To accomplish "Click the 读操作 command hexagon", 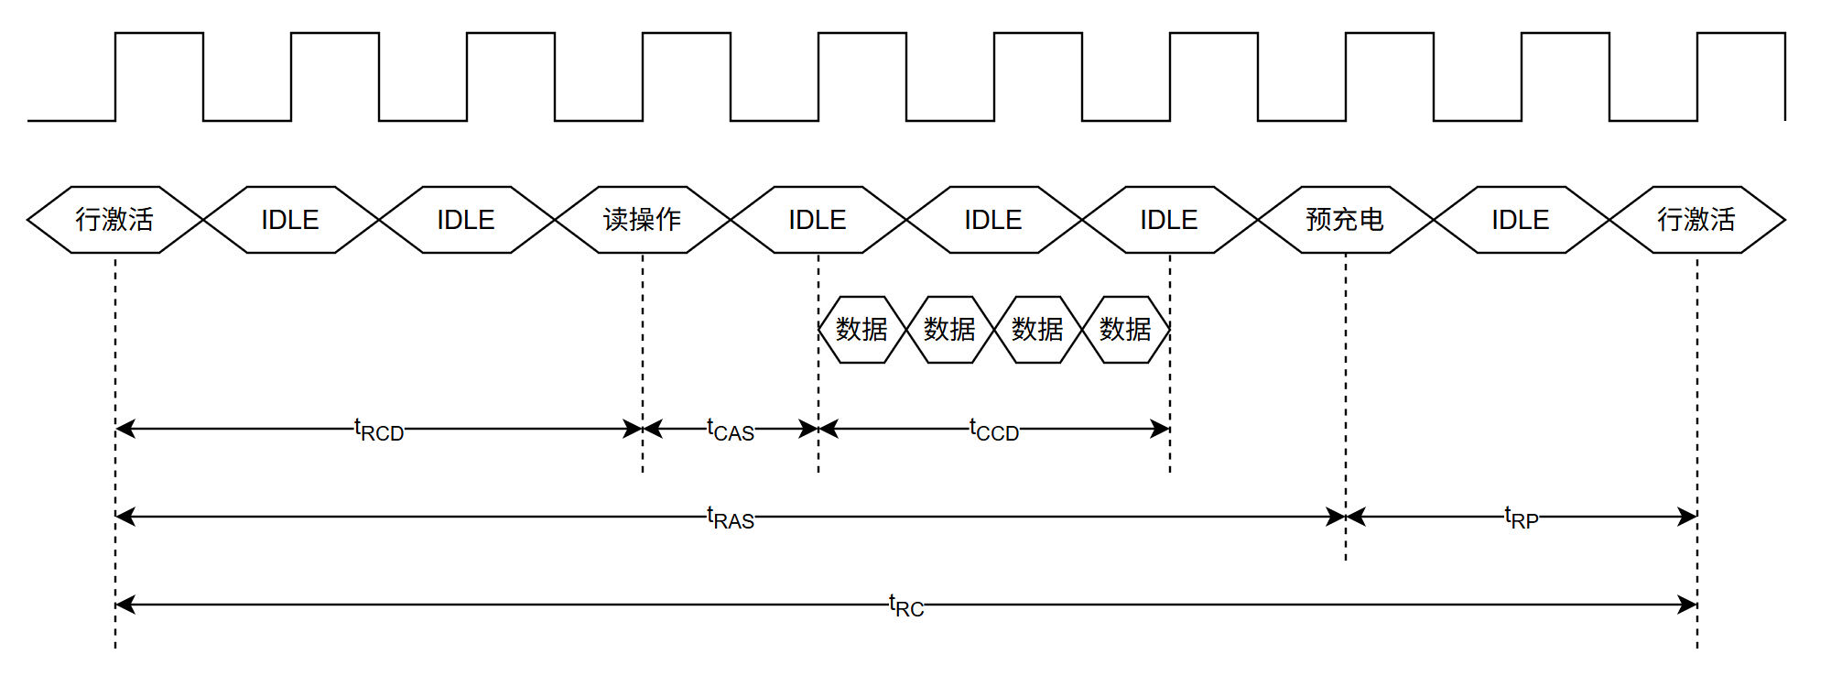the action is click(643, 220).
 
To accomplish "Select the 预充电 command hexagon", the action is click(1346, 220).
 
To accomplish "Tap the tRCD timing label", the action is click(379, 430).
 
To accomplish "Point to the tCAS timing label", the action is click(731, 430).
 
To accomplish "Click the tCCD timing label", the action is click(994, 430).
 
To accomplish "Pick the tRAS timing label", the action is click(731, 518).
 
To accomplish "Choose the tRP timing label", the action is click(1522, 518).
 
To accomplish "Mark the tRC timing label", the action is click(906, 605).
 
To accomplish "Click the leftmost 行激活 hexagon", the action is click(115, 220).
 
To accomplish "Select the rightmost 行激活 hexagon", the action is click(1697, 220).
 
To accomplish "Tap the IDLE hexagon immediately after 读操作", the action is click(818, 220).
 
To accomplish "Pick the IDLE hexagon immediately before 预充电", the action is click(1170, 220).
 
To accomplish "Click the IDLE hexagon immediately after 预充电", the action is click(1522, 220).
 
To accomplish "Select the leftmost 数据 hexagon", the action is click(862, 330).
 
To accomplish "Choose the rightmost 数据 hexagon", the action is click(1126, 330).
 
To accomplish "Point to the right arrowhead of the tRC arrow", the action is click(1688, 605).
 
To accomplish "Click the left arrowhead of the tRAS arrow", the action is click(125, 517).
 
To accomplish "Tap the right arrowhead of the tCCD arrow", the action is click(1161, 429).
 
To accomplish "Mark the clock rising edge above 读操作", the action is click(643, 77).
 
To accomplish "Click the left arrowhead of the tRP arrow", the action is click(1355, 517).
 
